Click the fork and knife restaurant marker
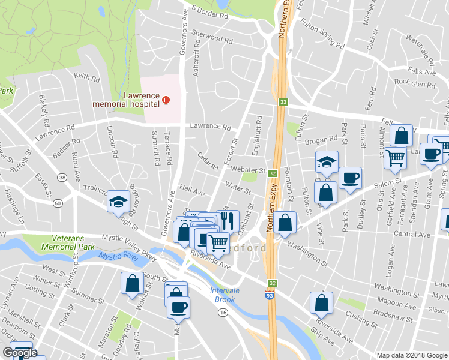pyautogui.click(x=227, y=221)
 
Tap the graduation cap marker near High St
pyautogui.click(x=119, y=202)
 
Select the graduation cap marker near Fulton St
pyautogui.click(x=327, y=162)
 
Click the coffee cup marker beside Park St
pyautogui.click(x=350, y=178)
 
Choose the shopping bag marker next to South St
pyautogui.click(x=132, y=283)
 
